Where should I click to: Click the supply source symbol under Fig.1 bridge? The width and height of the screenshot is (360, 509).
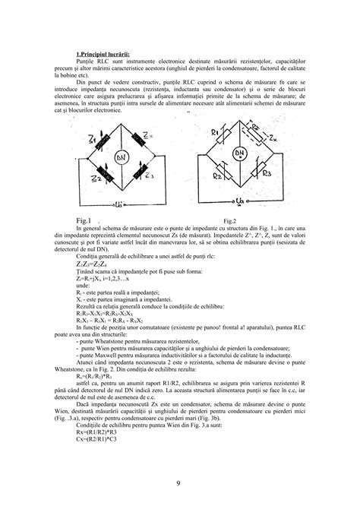[120, 204]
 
